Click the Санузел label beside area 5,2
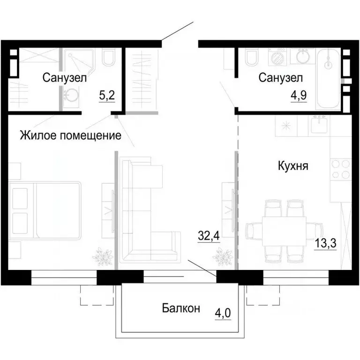(64, 78)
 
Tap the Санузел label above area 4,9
(281, 78)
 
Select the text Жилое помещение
(71, 136)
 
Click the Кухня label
(293, 166)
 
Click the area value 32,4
(209, 234)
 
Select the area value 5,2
(106, 96)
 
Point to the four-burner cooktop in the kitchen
(340, 170)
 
